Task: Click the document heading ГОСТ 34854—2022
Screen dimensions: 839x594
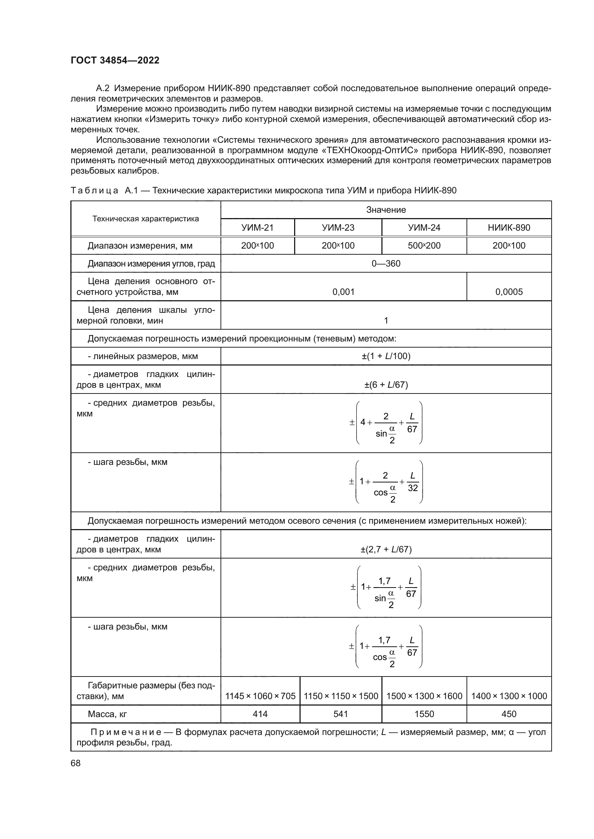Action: (115, 60)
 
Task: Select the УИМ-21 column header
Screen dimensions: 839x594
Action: (257, 228)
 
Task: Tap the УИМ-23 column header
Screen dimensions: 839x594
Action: (338, 228)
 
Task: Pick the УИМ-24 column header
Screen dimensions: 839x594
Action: (424, 228)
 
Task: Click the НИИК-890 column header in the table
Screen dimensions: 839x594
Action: (509, 228)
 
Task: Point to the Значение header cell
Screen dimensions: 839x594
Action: (386, 210)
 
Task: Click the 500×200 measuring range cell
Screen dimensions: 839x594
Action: (424, 246)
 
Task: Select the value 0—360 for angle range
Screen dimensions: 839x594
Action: (386, 264)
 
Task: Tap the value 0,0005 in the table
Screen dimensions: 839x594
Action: (509, 292)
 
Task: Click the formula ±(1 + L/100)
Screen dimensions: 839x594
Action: (386, 356)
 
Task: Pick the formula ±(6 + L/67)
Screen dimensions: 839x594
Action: (386, 385)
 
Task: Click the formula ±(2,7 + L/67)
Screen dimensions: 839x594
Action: (386, 549)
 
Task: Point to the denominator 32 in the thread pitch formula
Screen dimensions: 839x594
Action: (413, 488)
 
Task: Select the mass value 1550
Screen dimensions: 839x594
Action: (424, 714)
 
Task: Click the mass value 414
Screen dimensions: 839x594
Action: (260, 714)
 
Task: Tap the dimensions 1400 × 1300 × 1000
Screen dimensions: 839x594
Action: (509, 696)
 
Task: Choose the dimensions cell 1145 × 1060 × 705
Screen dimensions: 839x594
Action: (260, 696)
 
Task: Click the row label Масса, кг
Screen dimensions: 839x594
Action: (107, 714)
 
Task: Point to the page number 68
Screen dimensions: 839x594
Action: (76, 763)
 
